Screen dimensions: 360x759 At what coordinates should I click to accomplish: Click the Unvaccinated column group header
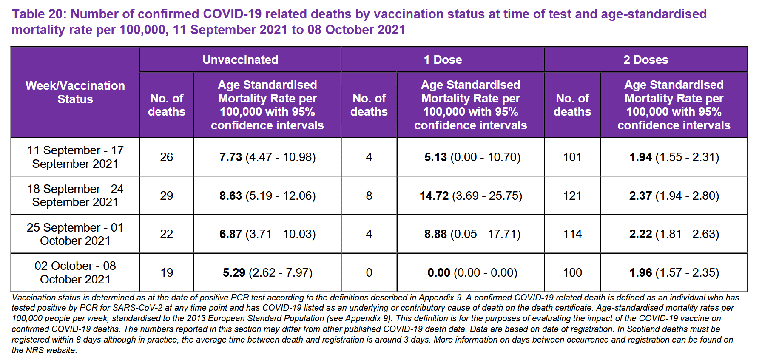pyautogui.click(x=240, y=60)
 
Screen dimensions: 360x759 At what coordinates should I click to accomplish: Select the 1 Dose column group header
pyautogui.click(x=443, y=60)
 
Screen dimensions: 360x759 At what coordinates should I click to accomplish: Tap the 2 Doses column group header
pyautogui.click(x=645, y=60)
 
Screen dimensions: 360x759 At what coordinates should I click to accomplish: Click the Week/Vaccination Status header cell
pyautogui.click(x=75, y=92)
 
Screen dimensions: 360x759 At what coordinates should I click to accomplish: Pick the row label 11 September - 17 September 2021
pyautogui.click(x=75, y=157)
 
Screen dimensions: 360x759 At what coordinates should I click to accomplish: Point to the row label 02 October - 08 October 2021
pyautogui.click(x=75, y=272)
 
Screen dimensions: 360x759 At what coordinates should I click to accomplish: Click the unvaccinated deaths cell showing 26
pyautogui.click(x=166, y=157)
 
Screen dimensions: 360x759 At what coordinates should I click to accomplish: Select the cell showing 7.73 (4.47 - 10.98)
pyautogui.click(x=267, y=157)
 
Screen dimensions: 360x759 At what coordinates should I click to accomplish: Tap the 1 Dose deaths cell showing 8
pyautogui.click(x=369, y=196)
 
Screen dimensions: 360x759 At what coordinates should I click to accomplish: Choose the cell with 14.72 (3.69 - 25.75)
pyautogui.click(x=471, y=196)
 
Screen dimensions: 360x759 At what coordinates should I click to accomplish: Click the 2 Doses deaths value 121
pyautogui.click(x=572, y=196)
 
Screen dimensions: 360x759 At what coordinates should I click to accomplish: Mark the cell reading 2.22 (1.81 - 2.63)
pyautogui.click(x=674, y=234)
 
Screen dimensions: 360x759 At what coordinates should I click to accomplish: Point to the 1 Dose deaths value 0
pyautogui.click(x=369, y=272)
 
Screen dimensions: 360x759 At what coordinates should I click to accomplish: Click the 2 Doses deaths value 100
pyautogui.click(x=572, y=272)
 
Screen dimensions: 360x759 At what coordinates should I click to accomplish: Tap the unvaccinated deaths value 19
pyautogui.click(x=166, y=272)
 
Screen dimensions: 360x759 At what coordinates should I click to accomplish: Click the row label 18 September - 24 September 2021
pyautogui.click(x=75, y=196)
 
